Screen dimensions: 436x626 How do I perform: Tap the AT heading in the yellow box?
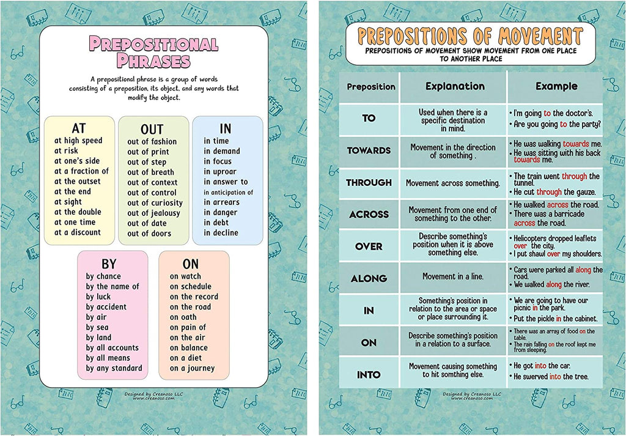(79, 128)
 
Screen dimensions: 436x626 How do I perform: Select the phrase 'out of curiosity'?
(155, 203)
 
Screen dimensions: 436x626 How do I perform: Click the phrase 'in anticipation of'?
(228, 192)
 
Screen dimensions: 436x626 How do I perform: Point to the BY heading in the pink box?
(109, 264)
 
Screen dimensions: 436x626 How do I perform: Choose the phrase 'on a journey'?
(192, 368)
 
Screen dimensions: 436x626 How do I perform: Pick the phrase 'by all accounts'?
(112, 348)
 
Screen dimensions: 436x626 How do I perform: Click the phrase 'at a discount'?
(78, 232)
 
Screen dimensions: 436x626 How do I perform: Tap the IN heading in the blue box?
(225, 128)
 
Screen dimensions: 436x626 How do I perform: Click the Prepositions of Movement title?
(469, 35)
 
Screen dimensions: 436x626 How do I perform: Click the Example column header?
(556, 86)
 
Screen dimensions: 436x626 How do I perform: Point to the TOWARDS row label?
(369, 150)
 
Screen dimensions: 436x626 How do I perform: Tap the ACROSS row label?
(369, 215)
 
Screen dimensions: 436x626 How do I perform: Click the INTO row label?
(369, 375)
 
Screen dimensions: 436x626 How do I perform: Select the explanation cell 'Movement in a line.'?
(452, 276)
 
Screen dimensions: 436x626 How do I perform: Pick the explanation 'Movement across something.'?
(452, 183)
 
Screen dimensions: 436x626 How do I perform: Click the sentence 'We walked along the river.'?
(552, 284)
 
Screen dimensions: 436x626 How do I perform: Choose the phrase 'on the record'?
(194, 297)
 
